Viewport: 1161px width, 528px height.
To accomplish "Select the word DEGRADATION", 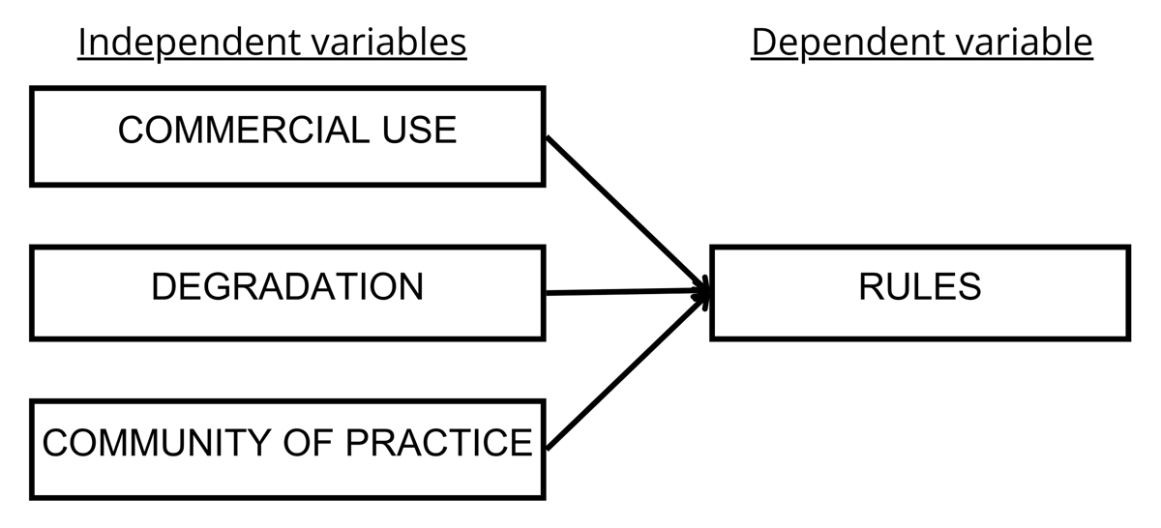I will tap(287, 287).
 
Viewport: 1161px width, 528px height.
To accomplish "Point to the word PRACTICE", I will tap(439, 443).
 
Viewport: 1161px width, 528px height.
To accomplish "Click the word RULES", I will tap(919, 287).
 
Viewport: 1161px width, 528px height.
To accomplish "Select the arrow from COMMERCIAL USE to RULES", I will tap(627, 212).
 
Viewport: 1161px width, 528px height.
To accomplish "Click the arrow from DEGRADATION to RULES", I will tap(627, 291).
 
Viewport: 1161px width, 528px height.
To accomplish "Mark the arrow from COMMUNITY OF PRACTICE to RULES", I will tap(627, 370).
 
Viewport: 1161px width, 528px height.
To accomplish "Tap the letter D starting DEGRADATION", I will tap(163, 287).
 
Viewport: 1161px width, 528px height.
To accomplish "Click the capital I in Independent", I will tap(82, 43).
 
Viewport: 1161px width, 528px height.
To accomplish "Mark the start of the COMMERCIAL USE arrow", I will tap(549, 137).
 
